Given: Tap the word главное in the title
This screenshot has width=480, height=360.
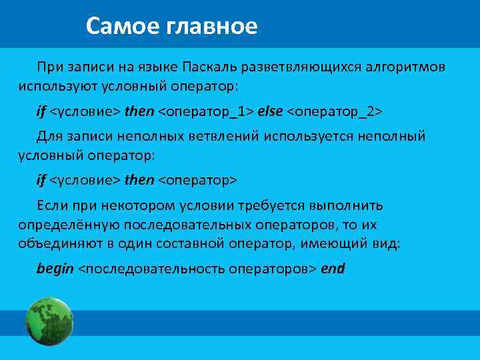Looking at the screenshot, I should click(212, 26).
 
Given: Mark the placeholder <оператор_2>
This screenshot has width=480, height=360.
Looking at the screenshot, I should click(335, 110).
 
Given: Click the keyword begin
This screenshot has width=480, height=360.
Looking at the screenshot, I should click(55, 269).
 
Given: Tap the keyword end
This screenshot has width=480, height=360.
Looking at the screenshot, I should click(333, 269).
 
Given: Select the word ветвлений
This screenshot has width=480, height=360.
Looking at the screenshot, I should click(228, 136).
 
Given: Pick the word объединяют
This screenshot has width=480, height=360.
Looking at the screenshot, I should click(53, 244).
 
